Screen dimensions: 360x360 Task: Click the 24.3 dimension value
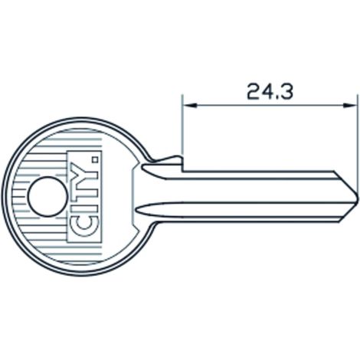click(270, 91)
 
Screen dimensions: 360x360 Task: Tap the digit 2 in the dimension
click(254, 91)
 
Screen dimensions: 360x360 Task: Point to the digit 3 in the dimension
click(286, 91)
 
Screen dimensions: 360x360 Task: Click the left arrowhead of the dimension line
click(190, 105)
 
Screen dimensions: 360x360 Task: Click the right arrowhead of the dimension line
click(349, 105)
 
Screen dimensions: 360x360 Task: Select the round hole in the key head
click(47, 197)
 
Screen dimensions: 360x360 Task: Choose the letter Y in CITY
click(83, 172)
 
